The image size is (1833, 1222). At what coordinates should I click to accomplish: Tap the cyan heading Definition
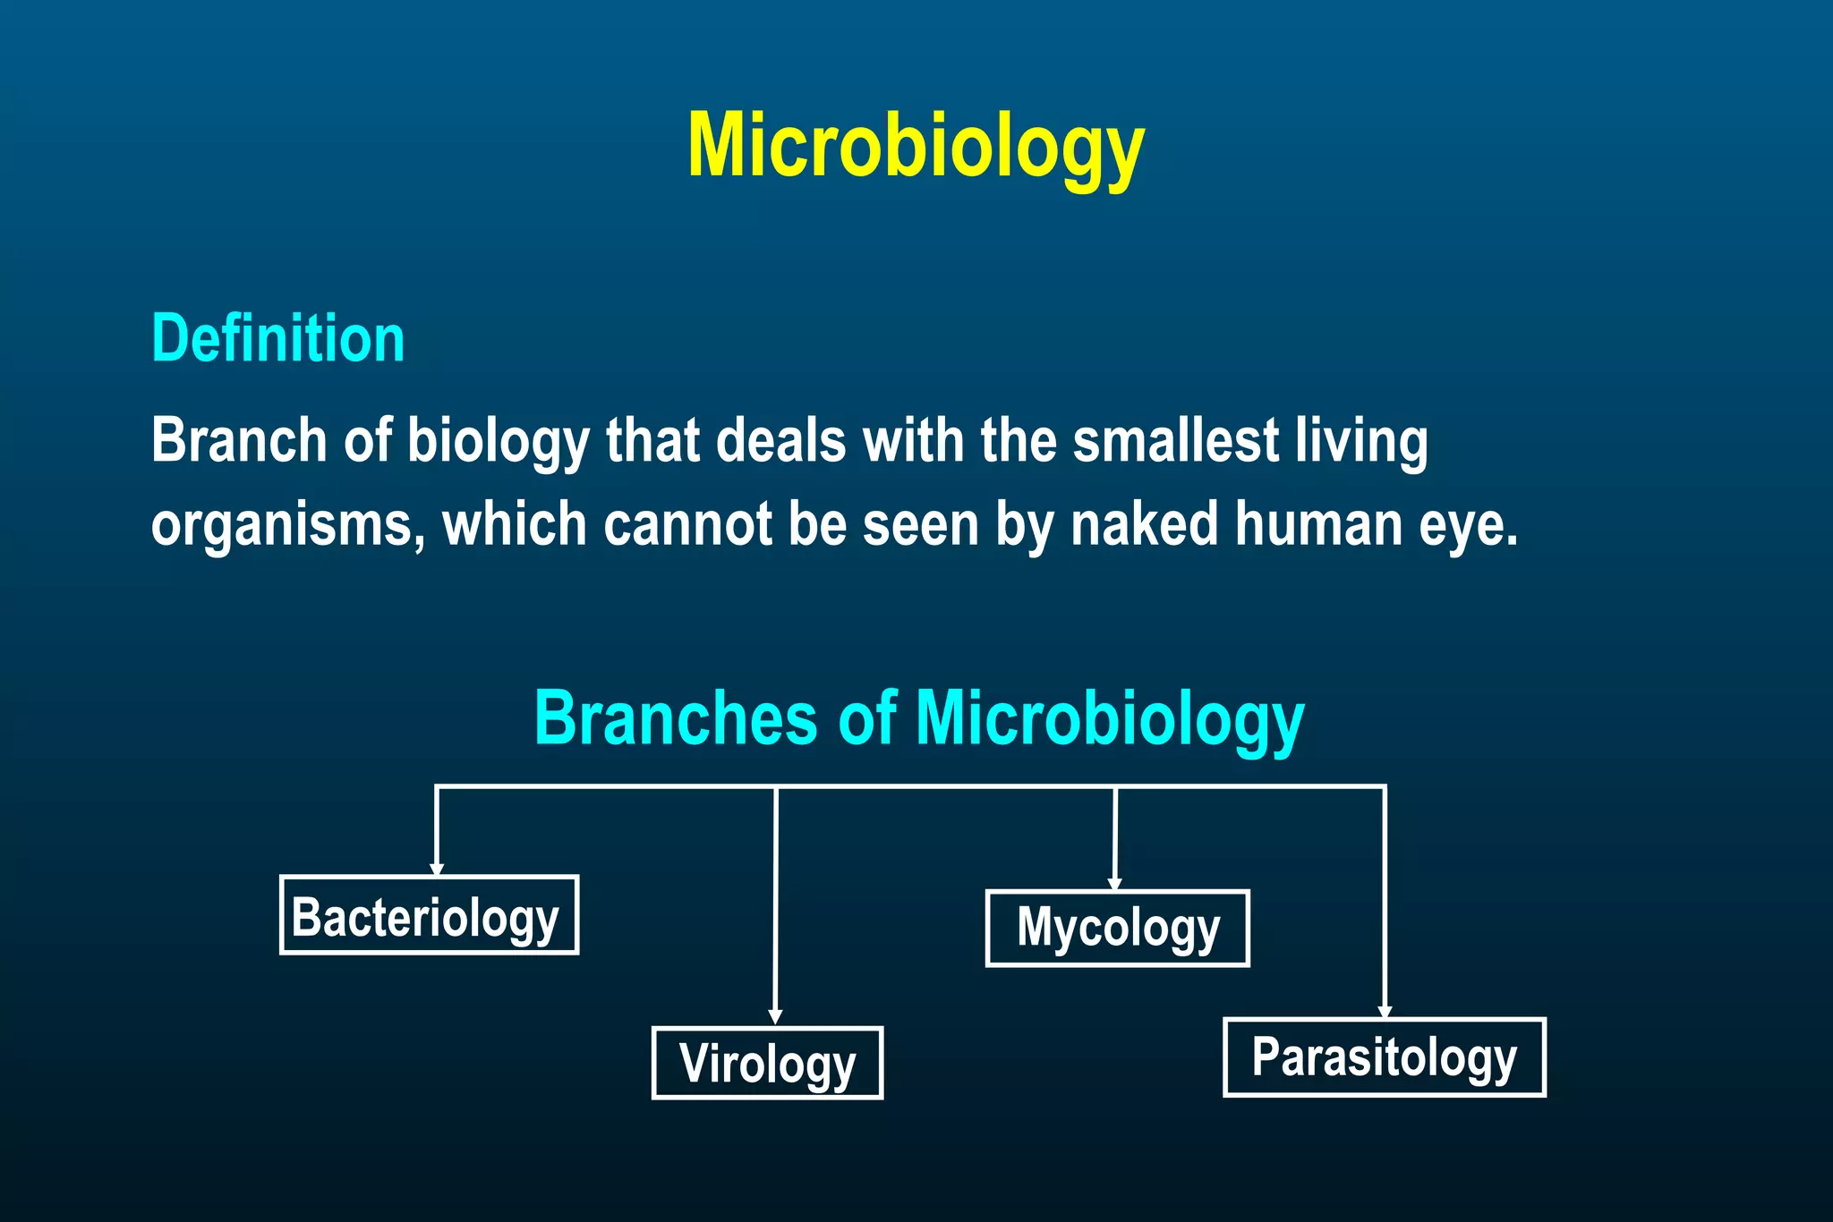point(278,339)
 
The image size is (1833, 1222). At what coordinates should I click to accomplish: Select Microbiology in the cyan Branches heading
point(1110,720)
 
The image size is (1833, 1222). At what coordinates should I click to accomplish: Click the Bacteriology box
point(429,915)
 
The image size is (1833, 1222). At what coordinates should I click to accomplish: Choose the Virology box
point(767,1063)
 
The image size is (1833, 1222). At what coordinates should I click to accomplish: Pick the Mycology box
point(1117,929)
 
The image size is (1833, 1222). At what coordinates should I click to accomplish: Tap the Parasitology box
point(1384,1057)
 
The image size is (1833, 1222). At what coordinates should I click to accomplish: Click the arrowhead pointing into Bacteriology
point(436,869)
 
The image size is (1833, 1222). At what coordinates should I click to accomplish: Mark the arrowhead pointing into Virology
point(775,1017)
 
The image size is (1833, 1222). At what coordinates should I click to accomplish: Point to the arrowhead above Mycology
point(1114,884)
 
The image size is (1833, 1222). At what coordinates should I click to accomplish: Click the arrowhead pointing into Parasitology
point(1385,1011)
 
